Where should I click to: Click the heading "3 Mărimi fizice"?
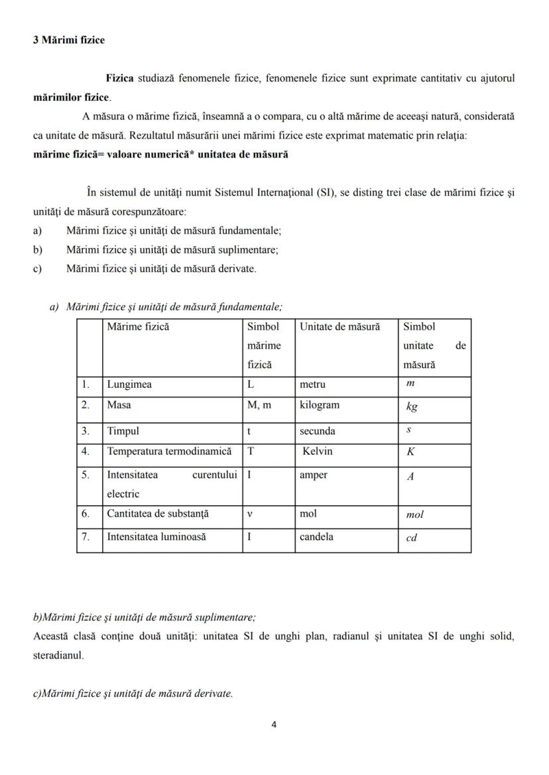[69, 40]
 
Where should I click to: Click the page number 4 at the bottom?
[274, 724]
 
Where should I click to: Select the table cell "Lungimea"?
[129, 385]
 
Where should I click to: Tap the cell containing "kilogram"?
[319, 405]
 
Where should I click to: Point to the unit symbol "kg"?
[412, 406]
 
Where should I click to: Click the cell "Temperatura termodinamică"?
[170, 451]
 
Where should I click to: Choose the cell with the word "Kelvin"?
[318, 451]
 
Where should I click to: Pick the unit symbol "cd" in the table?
[411, 538]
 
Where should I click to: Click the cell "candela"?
[316, 537]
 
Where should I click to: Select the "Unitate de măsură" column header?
[339, 327]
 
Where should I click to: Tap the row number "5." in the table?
[86, 475]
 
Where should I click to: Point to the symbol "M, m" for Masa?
[259, 405]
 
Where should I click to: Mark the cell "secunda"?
[318, 431]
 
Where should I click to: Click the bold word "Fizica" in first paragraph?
[119, 78]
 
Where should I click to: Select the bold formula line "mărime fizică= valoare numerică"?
[160, 154]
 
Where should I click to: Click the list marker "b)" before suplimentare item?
[38, 250]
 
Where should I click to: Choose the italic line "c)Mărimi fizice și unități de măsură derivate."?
[133, 693]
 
